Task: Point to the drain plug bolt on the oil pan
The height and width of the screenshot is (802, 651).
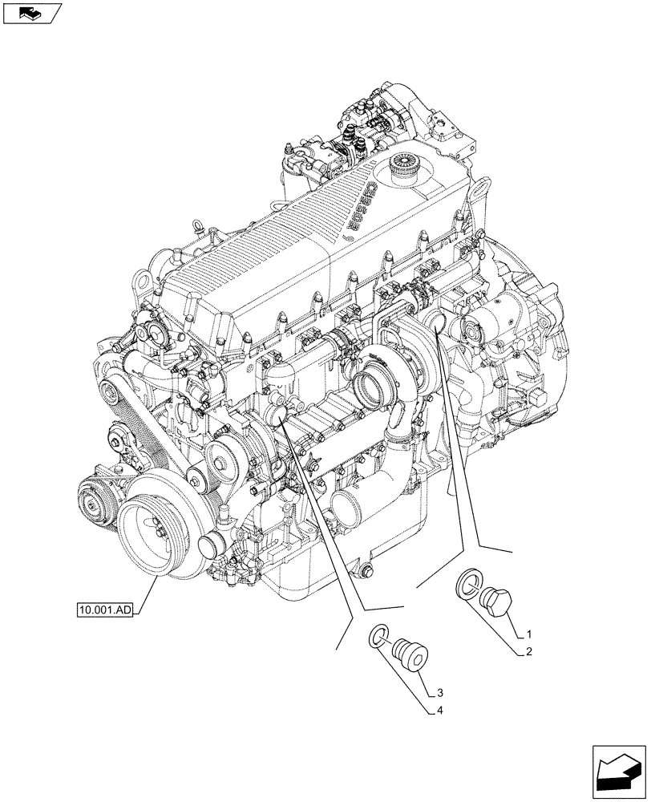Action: coord(366,572)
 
